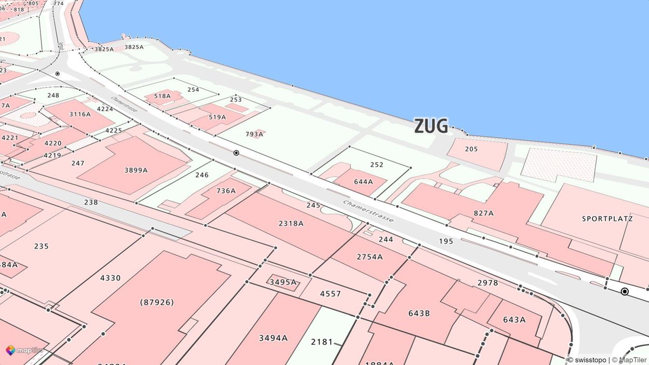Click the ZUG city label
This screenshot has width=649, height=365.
point(430,126)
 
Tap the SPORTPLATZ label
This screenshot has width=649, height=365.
point(607,219)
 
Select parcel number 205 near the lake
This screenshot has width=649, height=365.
point(471,150)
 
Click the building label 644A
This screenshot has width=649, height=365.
point(363,182)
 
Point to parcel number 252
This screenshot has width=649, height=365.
point(376,165)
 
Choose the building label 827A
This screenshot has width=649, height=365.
point(483,213)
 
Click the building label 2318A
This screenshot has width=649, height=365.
point(291,224)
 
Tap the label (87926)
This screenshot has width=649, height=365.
point(157,302)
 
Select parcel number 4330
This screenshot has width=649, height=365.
point(110,278)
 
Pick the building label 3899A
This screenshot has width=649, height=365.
point(136,170)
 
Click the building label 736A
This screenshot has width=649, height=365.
point(226,191)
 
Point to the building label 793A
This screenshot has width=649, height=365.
point(254,134)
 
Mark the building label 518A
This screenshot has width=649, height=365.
point(162,96)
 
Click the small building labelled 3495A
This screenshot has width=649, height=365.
point(283,282)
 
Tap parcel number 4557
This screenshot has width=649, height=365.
point(330,294)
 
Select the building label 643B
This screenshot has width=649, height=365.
point(419,313)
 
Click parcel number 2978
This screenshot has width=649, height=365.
point(488,283)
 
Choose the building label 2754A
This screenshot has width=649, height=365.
point(370,257)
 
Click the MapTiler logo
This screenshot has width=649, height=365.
point(24,350)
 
